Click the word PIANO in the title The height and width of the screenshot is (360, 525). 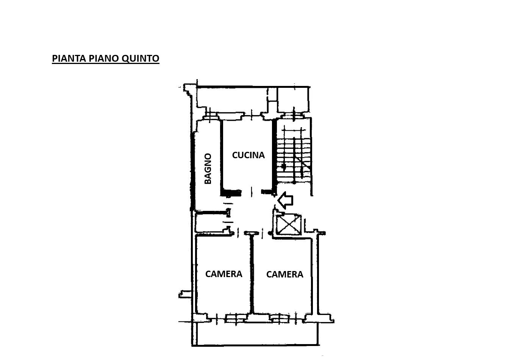tap(104, 58)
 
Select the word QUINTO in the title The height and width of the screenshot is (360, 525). tap(141, 59)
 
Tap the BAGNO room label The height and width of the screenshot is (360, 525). tap(208, 168)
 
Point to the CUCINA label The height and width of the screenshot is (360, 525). tap(248, 155)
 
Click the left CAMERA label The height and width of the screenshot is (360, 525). tap(223, 274)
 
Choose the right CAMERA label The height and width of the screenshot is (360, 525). tap(284, 274)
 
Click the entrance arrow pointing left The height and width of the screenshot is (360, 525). tap(285, 200)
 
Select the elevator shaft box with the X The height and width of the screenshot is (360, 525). tap(289, 224)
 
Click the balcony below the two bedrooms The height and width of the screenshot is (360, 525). tap(255, 334)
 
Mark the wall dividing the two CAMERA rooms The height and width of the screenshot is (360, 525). tap(252, 274)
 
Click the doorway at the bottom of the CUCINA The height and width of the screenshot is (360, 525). tap(251, 192)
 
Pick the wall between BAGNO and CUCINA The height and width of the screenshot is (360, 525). tap(222, 157)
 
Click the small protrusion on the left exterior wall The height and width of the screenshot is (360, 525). tap(185, 294)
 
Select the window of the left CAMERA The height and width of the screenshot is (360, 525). tap(236, 318)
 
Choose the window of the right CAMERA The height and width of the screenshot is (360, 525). tap(280, 318)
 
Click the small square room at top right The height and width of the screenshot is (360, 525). tap(293, 100)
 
